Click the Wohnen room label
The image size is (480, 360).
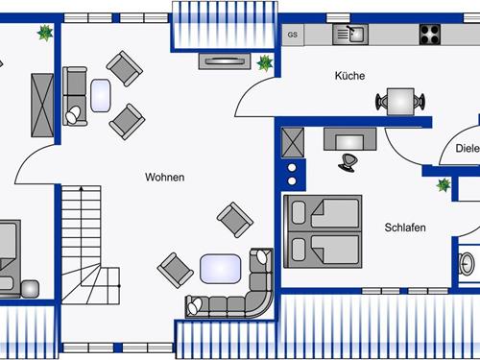coord(165,177)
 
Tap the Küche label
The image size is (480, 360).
coord(349,76)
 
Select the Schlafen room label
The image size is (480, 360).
coord(405,228)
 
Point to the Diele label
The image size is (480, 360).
coord(468,148)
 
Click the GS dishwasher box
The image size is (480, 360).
coord(293,35)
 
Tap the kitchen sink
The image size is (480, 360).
coord(350,35)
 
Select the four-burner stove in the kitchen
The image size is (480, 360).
coord(430,35)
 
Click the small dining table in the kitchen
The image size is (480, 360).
coord(400,102)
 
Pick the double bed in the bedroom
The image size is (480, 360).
coord(323,231)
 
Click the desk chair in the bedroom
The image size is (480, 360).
coord(347,162)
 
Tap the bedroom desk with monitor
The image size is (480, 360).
coord(349,139)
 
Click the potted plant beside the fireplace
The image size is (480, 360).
coord(265,62)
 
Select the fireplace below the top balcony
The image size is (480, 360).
coord(225,61)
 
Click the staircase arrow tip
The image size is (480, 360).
coord(82,188)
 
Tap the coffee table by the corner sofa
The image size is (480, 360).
coord(221,269)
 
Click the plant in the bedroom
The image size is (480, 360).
coord(444,185)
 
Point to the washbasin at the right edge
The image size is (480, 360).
coord(467,264)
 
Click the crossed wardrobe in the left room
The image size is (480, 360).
coord(42,106)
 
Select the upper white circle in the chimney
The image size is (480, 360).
coord(292,167)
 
